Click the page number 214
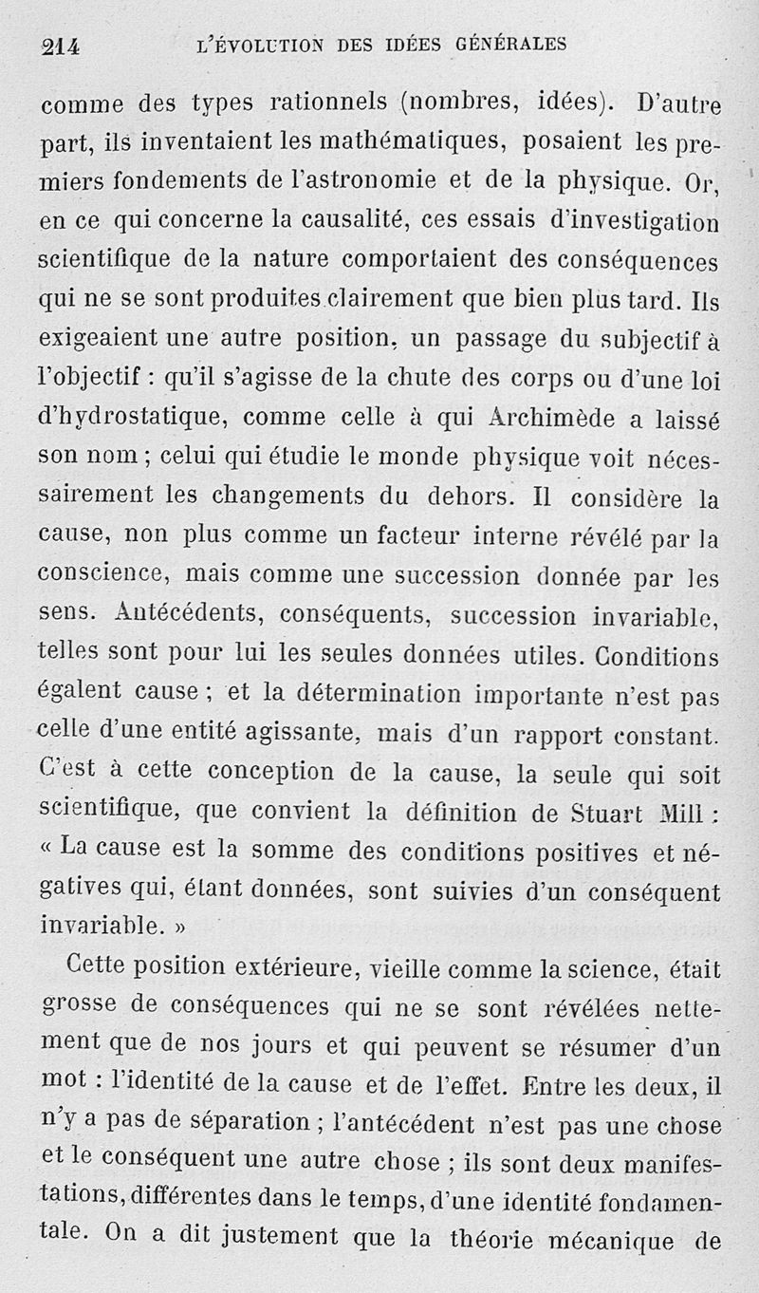point(60,47)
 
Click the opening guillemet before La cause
point(47,850)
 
